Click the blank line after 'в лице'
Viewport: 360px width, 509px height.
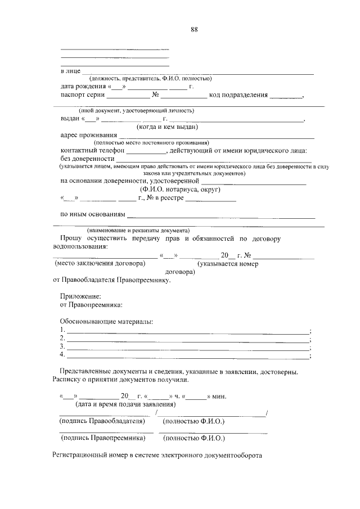(197, 73)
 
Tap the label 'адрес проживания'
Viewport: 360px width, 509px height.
(88, 135)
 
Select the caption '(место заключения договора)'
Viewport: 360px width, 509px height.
(99, 263)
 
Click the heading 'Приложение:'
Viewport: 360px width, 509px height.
(80, 296)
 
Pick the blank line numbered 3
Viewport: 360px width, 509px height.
(188, 348)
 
